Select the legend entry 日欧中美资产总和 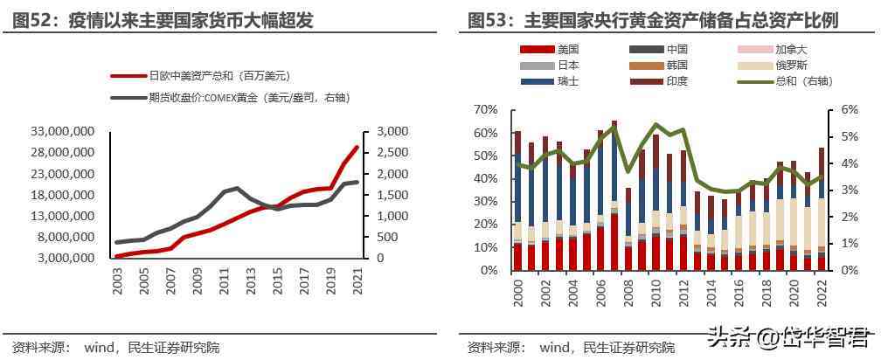point(218,76)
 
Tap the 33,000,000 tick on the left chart point(63,132)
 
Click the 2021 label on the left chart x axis point(357,285)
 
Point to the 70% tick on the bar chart point(485,110)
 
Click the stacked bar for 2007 point(614,196)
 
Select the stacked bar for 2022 point(821,209)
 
